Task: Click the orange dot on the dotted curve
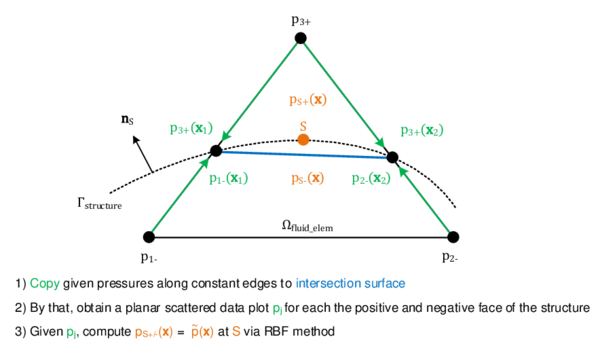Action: [x=303, y=140]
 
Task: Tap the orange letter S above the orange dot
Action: [x=303, y=126]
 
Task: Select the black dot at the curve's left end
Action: [x=216, y=151]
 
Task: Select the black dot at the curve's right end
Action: [x=392, y=157]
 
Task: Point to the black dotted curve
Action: [x=260, y=141]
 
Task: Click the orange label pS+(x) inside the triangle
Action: [x=308, y=99]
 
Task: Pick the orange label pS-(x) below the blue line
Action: [x=308, y=178]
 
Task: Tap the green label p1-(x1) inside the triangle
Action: [x=228, y=178]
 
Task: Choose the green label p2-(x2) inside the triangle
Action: [x=370, y=178]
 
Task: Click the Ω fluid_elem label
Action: [x=307, y=226]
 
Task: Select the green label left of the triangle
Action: [x=190, y=128]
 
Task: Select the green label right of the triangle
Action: [x=422, y=130]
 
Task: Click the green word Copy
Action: [x=45, y=283]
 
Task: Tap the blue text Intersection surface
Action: [x=350, y=283]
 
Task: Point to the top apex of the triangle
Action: [x=301, y=43]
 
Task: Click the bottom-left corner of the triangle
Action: [x=153, y=234]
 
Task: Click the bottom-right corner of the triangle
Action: [x=448, y=234]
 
